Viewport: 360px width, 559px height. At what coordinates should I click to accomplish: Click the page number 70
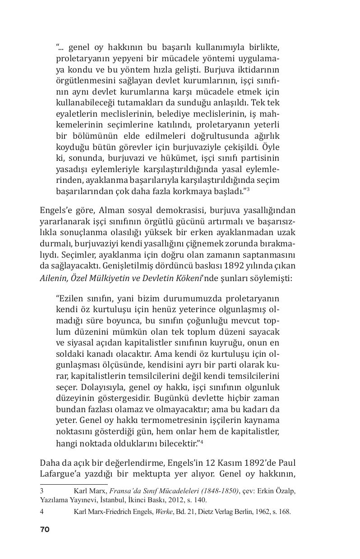pos(44,529)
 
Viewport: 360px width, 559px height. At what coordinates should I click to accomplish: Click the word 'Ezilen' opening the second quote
pos(69,299)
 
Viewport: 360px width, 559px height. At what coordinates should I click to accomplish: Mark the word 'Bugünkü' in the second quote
pos(170,398)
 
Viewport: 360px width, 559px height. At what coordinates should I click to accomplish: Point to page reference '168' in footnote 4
pos(284,512)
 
